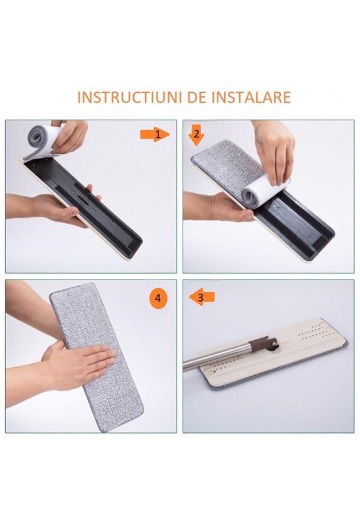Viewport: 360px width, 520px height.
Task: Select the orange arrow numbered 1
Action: coord(155,134)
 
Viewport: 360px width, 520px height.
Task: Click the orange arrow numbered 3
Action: coord(201,297)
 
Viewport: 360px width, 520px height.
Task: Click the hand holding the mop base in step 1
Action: coord(62,207)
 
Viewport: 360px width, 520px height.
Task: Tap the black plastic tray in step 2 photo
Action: coord(299,224)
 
